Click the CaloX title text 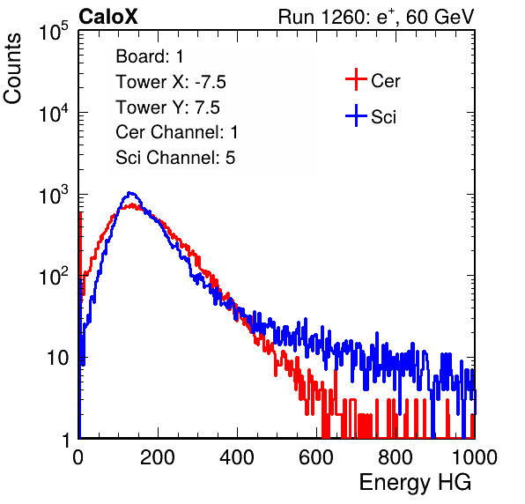tap(108, 17)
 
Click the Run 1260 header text tap(376, 17)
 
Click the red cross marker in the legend tap(356, 79)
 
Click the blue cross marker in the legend tap(356, 115)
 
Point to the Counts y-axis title tap(12, 69)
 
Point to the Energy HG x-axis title tap(415, 483)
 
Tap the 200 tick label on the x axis tap(158, 457)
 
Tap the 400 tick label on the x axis tap(237, 457)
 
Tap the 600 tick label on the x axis tap(316, 457)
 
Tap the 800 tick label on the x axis tap(396, 457)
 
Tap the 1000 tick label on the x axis tap(475, 457)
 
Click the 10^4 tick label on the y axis tap(54, 113)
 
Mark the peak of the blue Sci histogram tap(131, 193)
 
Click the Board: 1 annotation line tap(150, 56)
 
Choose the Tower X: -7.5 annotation tap(171, 82)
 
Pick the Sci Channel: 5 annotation tap(175, 158)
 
